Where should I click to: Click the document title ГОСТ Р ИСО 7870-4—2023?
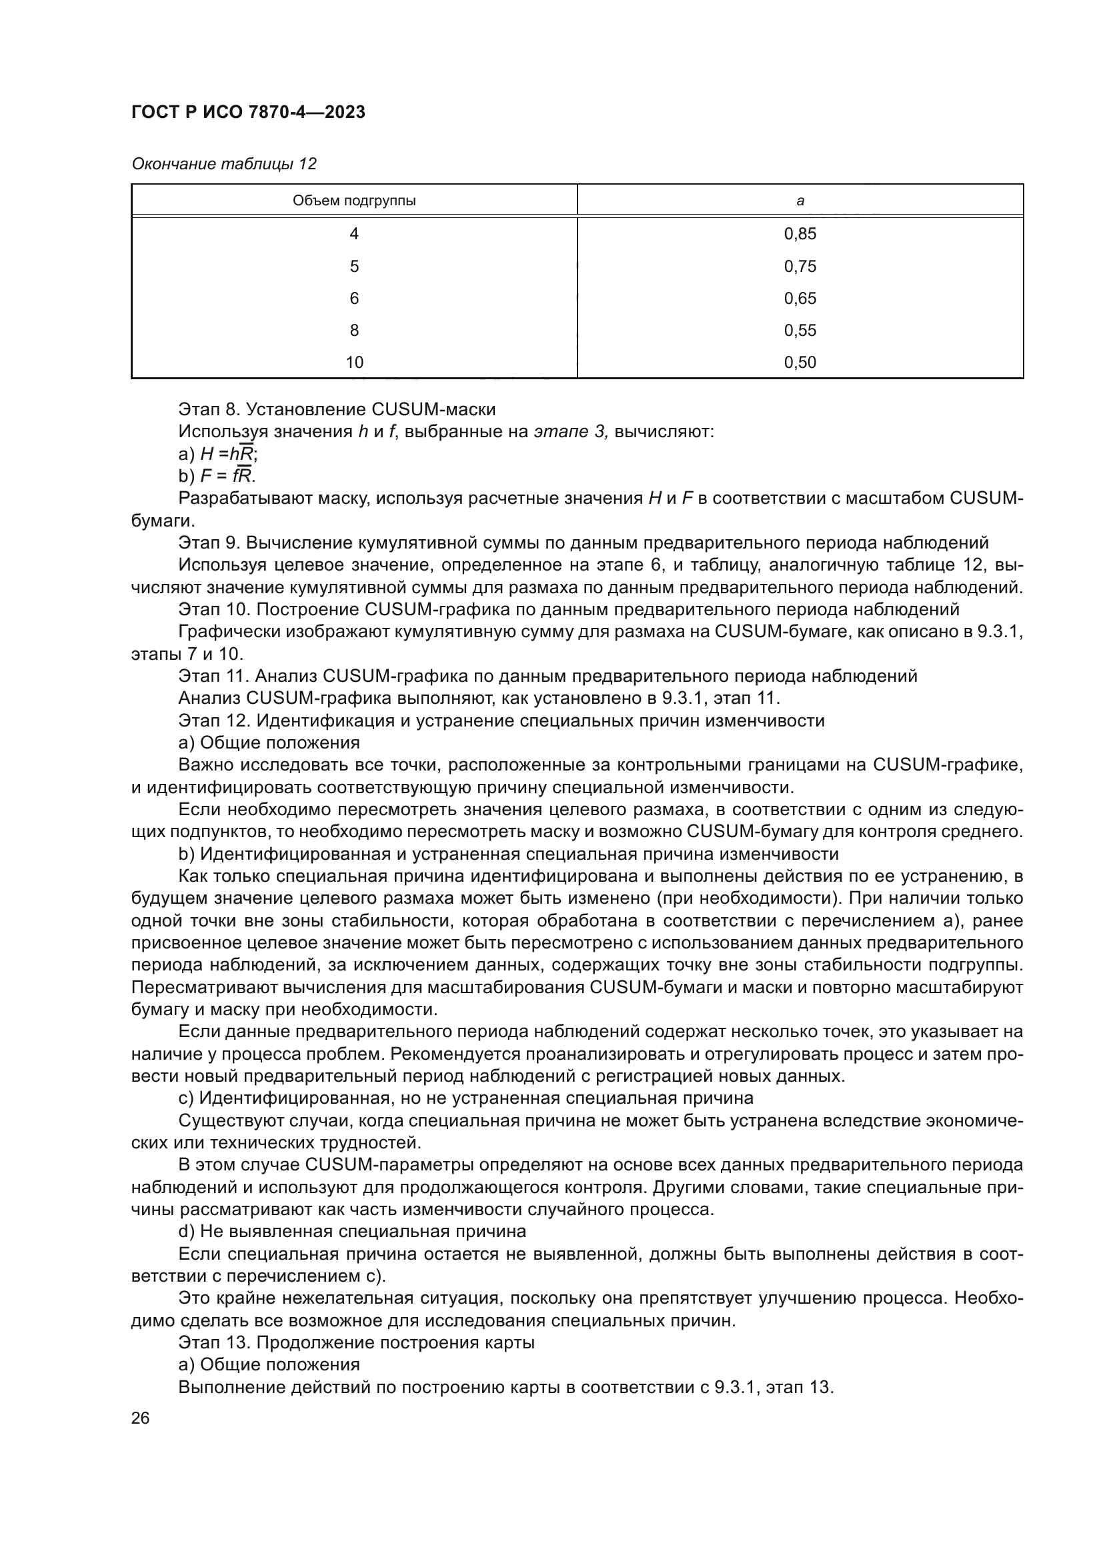[x=248, y=112]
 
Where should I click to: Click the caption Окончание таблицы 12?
[x=224, y=164]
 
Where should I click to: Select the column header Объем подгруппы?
[x=354, y=201]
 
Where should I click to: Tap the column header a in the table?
[x=800, y=201]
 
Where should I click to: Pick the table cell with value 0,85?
[x=800, y=233]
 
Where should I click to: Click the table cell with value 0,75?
[x=800, y=266]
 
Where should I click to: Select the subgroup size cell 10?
[x=354, y=362]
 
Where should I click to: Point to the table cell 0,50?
[x=800, y=362]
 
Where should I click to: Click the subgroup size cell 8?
[x=354, y=330]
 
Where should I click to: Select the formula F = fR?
[x=227, y=476]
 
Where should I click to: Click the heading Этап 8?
[x=210, y=409]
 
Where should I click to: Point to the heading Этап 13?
[x=215, y=1342]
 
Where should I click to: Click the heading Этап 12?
[x=215, y=721]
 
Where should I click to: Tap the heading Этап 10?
[x=215, y=609]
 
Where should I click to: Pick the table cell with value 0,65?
[x=800, y=298]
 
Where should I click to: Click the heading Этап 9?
[x=210, y=543]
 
